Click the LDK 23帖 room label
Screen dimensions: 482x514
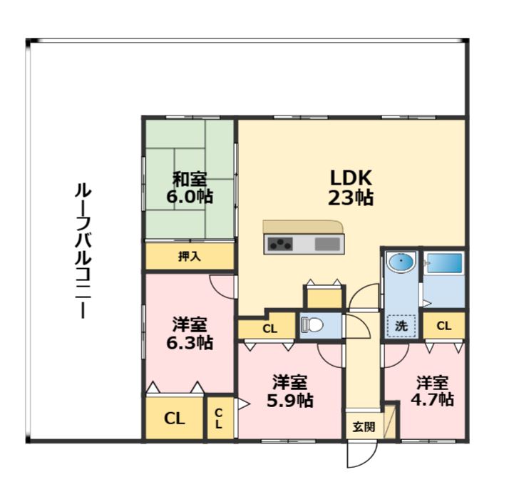point(351,187)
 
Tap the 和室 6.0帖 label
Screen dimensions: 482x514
point(190,188)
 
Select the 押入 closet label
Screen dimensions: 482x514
point(190,257)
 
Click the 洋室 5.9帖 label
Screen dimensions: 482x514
point(290,391)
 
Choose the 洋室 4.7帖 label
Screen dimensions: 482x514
point(432,391)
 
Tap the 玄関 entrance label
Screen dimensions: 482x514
point(363,427)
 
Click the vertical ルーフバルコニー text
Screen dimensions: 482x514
point(83,250)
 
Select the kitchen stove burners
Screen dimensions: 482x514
point(279,245)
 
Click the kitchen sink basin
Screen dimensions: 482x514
point(327,245)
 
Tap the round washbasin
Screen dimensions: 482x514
point(401,264)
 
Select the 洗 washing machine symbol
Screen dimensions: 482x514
point(401,326)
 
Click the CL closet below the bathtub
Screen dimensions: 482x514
point(443,326)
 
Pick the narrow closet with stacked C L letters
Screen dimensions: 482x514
point(219,419)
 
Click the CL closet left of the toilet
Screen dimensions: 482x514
point(269,329)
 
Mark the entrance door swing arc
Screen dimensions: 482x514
point(360,456)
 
